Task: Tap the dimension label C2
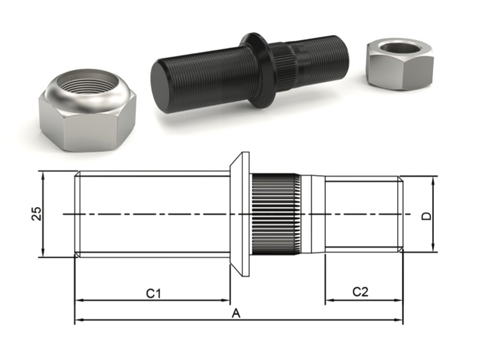click(x=360, y=291)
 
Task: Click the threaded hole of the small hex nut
click(x=398, y=47)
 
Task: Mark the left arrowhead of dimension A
click(x=77, y=320)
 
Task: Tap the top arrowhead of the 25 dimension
click(x=43, y=174)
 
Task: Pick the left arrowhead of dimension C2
click(x=328, y=300)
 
